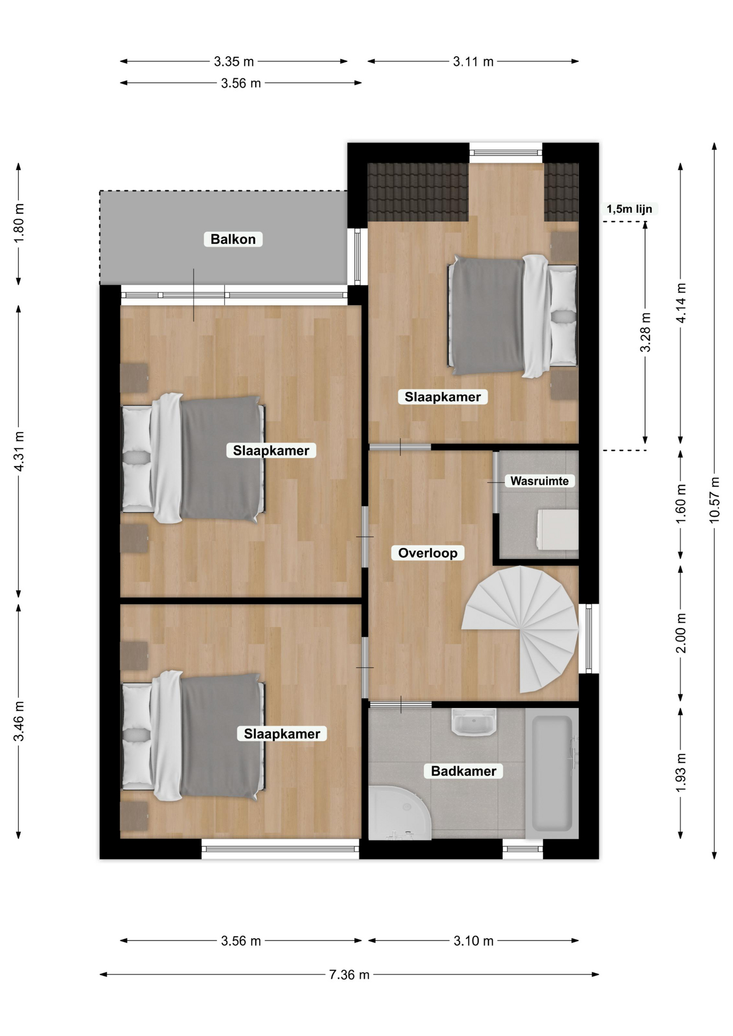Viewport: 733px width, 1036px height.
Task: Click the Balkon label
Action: point(233,239)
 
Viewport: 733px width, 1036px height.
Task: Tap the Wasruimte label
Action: point(539,481)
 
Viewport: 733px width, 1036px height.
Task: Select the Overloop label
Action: point(427,553)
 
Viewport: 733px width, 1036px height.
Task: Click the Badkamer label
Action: point(464,771)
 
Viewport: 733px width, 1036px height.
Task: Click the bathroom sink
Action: point(474,722)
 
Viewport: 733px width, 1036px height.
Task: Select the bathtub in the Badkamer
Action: point(552,773)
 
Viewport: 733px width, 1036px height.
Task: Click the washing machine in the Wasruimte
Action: point(558,530)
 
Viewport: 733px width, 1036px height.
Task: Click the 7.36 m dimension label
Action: point(349,974)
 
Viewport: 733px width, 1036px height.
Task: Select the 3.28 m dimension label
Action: point(645,332)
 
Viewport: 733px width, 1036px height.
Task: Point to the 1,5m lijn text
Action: point(629,209)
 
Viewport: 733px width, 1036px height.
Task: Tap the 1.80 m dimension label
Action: point(19,223)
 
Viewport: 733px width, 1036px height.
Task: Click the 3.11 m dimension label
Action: point(473,62)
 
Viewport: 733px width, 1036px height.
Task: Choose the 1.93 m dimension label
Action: point(681,773)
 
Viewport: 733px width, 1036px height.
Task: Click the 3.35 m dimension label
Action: point(234,62)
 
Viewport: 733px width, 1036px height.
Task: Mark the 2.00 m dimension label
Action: point(681,633)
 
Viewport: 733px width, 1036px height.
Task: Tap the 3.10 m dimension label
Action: point(473,941)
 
